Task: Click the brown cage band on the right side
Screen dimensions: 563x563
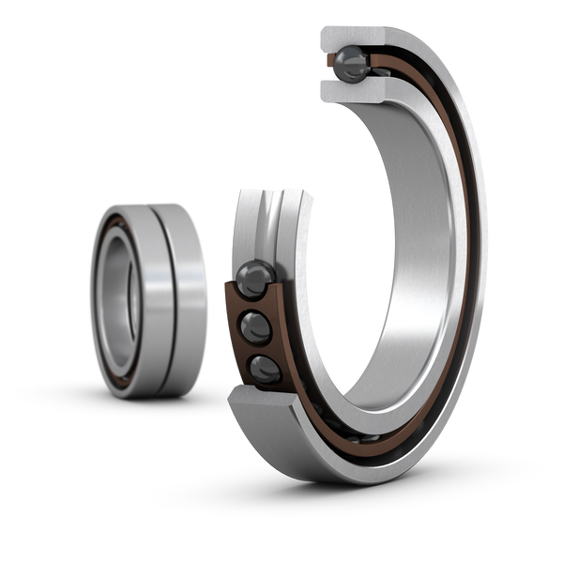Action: (x=466, y=281)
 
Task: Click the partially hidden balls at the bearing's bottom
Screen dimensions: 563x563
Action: (x=366, y=437)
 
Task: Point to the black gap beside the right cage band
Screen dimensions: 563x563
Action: (x=477, y=281)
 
